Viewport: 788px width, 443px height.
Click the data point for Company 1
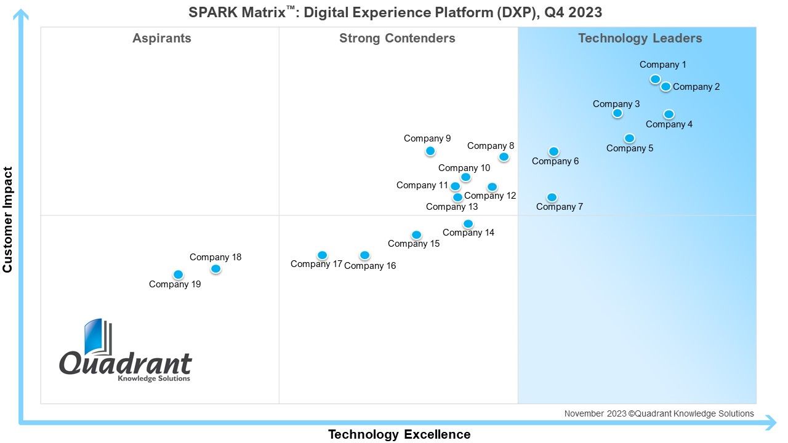655,79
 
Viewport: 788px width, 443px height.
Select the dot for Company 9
430,151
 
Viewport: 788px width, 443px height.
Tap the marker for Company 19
179,274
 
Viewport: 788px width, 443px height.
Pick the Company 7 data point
552,198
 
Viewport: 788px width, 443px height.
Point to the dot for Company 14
468,223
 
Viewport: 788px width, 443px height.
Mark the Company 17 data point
322,255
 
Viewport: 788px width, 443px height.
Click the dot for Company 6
553,151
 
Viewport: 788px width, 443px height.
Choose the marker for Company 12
492,186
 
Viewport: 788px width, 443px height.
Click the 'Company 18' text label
215,257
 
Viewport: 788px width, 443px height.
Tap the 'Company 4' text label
669,124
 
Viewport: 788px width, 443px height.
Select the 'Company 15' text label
414,244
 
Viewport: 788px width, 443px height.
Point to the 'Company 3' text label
616,104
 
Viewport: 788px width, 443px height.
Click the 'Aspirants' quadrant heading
162,38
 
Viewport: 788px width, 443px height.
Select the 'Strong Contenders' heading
397,38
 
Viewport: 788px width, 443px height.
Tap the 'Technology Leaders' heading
640,38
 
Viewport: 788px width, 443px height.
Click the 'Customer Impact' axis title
8,220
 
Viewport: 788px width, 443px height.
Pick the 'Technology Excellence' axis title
400,434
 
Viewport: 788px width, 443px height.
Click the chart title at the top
395,12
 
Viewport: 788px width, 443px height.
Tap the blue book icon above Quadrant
98,337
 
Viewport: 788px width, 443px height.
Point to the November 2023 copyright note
659,414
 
